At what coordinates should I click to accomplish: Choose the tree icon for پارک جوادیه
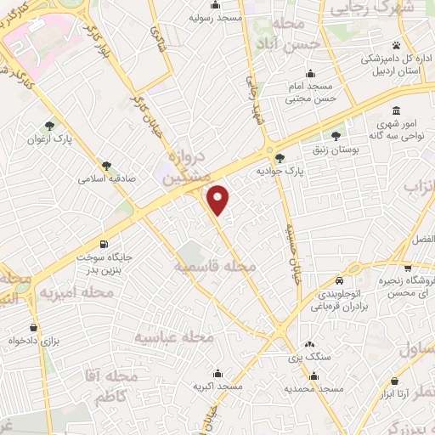coord(280,156)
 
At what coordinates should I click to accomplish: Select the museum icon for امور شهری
coord(398,111)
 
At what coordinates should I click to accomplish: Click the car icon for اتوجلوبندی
coord(339,281)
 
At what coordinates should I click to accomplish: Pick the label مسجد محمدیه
coord(314,388)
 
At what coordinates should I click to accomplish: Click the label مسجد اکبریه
coord(218,387)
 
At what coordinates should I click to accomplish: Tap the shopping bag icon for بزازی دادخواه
coord(33,327)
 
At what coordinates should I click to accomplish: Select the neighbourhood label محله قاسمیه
coord(216,267)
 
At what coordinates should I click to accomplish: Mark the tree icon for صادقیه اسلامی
coord(105,166)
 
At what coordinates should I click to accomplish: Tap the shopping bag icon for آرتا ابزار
coord(395,382)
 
